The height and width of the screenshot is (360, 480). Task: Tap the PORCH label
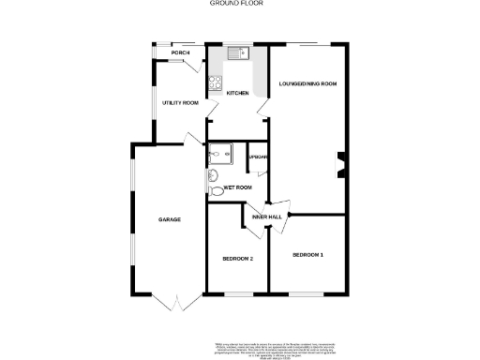167,52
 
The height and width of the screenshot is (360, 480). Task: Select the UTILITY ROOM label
180,102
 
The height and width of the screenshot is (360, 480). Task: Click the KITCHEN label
236,92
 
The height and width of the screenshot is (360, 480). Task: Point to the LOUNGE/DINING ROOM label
307,84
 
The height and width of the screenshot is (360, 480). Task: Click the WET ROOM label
238,187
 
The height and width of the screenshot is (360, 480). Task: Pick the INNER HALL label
267,217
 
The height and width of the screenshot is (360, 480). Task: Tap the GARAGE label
169,219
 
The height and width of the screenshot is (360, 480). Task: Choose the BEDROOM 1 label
307,255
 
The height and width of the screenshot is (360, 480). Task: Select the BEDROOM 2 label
237,258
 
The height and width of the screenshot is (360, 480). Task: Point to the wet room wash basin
212,172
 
